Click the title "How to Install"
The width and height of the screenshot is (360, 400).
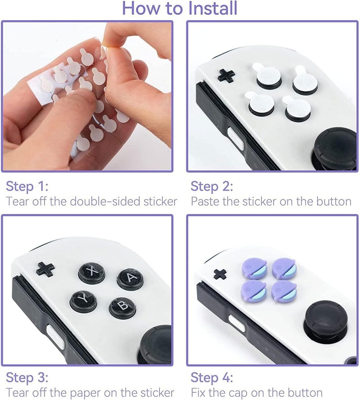tap(180, 8)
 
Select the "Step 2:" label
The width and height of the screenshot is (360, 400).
tap(212, 186)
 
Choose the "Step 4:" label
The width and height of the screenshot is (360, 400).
tap(212, 377)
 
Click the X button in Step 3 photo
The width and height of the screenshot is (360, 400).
tap(92, 271)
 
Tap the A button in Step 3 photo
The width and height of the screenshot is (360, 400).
tap(130, 279)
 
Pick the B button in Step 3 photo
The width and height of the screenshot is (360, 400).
tap(122, 307)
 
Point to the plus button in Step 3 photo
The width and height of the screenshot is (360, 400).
tap(45, 269)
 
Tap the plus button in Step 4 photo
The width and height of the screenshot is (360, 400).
tap(220, 274)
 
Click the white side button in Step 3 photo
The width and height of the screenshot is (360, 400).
tap(55, 336)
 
